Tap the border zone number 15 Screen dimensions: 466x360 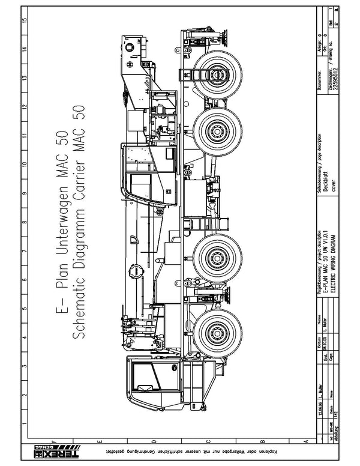(24, 20)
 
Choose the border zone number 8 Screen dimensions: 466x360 (24, 222)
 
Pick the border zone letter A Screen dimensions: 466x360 (306, 443)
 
